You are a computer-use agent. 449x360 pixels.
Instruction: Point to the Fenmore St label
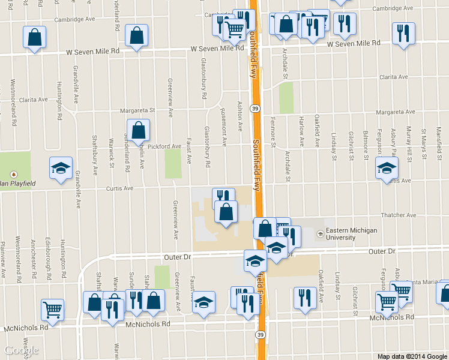coord(273,135)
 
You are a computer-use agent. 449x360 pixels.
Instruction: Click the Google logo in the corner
coord(22,350)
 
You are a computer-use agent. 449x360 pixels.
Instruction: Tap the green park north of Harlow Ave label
coord(286,97)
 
